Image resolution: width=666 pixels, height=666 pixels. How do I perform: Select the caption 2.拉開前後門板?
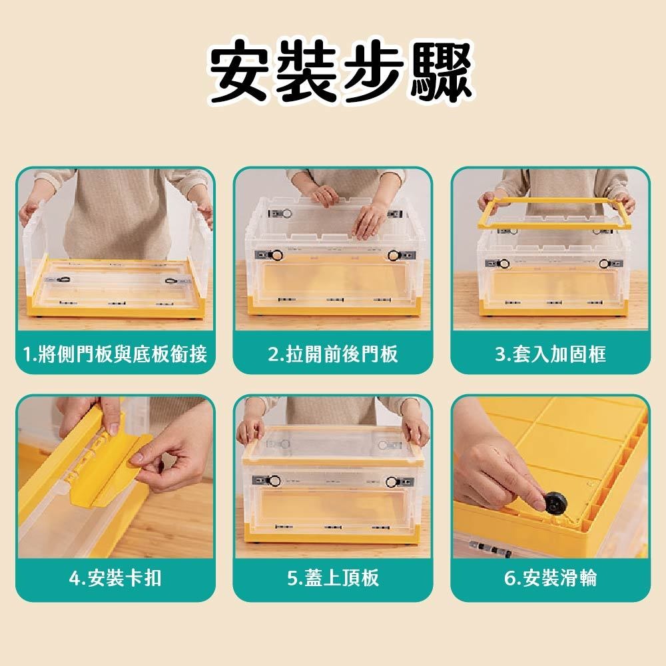332,354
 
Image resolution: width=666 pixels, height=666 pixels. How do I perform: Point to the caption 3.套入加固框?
550,354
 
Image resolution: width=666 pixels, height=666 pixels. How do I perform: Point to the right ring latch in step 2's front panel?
394,254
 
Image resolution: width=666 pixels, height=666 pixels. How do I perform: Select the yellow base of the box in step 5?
332,533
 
